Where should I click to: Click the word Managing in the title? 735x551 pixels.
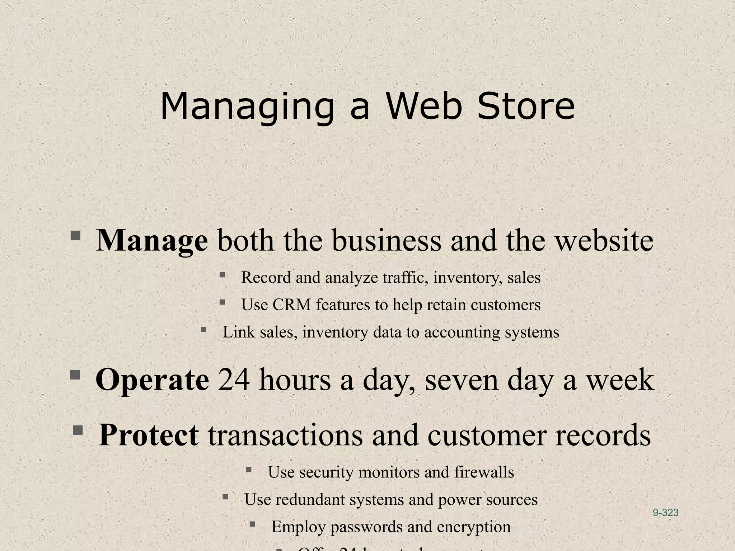[x=247, y=107]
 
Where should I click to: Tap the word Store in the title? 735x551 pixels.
[x=526, y=107]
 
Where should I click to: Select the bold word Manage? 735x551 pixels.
[x=152, y=241]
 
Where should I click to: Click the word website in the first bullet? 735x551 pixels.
[x=604, y=240]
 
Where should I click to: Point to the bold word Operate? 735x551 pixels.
[x=152, y=380]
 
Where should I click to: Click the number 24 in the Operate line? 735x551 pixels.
[x=234, y=380]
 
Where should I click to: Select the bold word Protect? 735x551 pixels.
[x=149, y=435]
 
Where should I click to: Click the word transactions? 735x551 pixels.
[x=285, y=435]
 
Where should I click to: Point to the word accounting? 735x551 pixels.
[x=462, y=332]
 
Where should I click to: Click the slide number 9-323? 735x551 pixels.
[x=665, y=513]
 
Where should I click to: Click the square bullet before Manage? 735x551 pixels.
[x=75, y=236]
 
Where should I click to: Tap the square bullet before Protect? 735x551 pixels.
[x=78, y=430]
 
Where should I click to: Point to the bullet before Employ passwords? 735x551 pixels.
[x=252, y=524]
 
